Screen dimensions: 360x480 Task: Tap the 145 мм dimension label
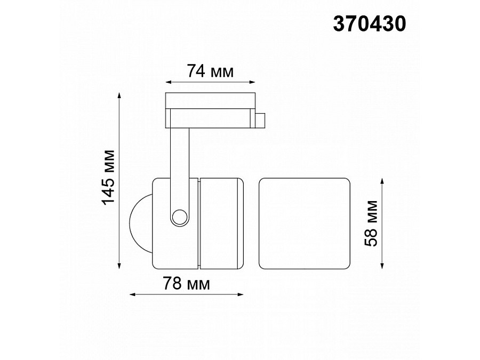109,178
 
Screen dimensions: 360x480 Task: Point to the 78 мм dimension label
187,284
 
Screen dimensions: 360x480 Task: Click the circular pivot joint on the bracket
179,217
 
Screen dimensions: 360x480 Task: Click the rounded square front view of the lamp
305,223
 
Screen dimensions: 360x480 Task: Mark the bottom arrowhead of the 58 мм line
383,265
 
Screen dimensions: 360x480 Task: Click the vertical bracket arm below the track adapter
179,155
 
